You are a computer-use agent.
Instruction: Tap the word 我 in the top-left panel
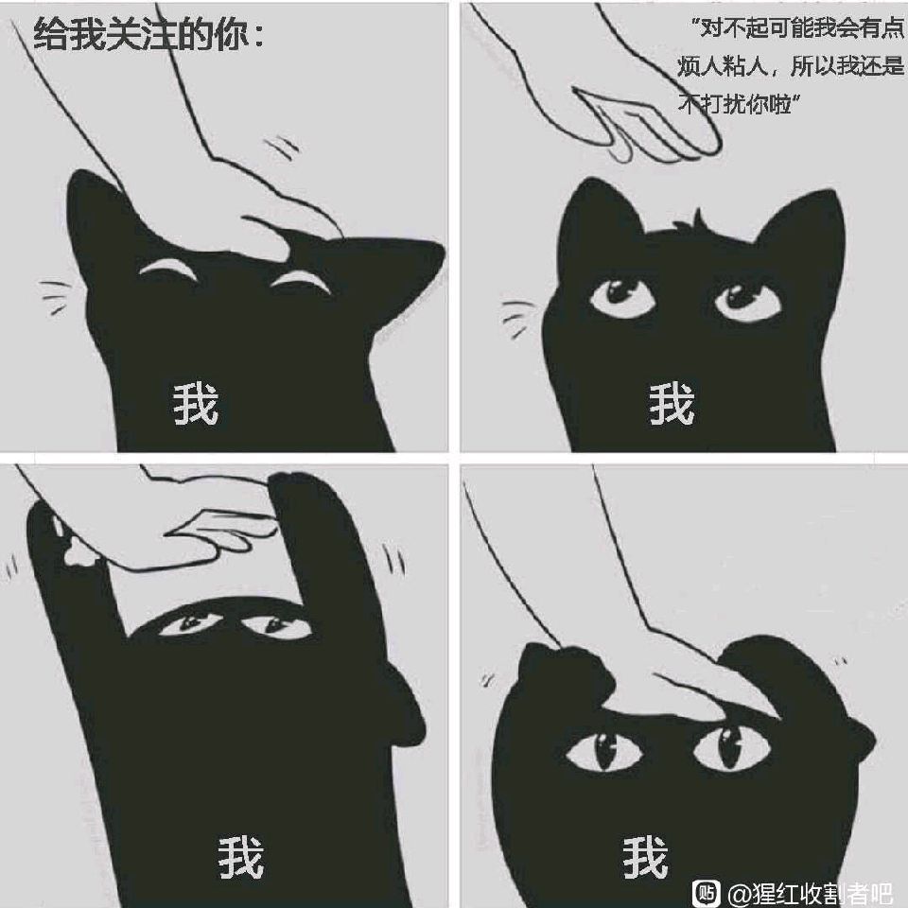tap(196, 404)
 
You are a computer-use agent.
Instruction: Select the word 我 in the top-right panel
tap(672, 404)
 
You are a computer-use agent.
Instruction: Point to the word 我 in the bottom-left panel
tap(241, 857)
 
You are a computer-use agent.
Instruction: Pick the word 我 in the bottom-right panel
tap(646, 857)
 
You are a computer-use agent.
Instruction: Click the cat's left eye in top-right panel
tap(622, 295)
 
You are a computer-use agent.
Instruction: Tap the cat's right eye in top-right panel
tap(747, 299)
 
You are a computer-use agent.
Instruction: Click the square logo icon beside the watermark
tap(707, 893)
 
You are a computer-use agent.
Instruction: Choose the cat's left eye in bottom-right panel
tap(604, 751)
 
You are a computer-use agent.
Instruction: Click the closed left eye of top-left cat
tap(166, 270)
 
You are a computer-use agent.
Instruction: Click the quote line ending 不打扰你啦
tap(740, 104)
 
